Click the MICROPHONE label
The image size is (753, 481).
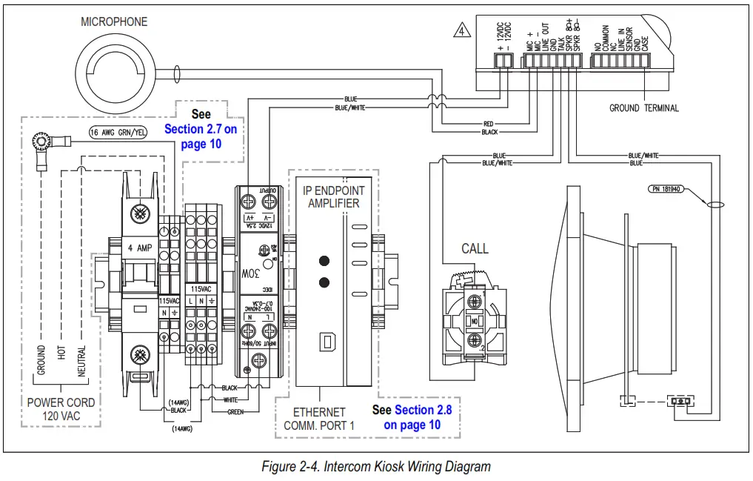(114, 22)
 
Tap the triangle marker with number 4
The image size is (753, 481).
(461, 32)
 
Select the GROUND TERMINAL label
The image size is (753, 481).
(643, 108)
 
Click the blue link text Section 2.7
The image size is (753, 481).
(200, 129)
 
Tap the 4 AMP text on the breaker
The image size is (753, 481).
(139, 248)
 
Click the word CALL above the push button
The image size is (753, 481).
(475, 248)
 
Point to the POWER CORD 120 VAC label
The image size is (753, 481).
(61, 409)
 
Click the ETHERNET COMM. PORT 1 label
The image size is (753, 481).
(319, 419)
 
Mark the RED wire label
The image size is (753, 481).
(489, 125)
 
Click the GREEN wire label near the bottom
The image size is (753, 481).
(235, 411)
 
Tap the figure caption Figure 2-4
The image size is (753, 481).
(376, 467)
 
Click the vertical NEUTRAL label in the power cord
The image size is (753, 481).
(81, 359)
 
